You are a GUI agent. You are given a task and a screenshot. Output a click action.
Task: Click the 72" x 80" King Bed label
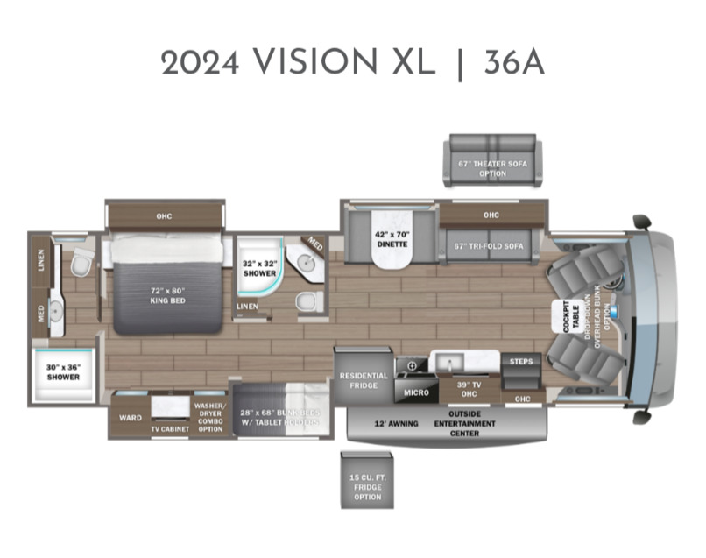(166, 294)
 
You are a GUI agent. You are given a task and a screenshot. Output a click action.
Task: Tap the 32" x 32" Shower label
(259, 268)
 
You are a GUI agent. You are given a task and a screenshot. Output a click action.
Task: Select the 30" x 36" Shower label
(63, 371)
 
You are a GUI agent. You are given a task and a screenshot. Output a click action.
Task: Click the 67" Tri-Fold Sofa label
(489, 246)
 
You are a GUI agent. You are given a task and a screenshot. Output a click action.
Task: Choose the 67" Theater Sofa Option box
(493, 168)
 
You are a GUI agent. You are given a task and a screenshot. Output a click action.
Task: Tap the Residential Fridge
(364, 380)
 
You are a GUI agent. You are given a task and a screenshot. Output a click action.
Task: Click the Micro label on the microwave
(416, 392)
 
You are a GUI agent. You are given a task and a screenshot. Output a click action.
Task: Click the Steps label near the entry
(520, 360)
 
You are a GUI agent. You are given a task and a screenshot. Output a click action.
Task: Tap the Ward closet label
(130, 418)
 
